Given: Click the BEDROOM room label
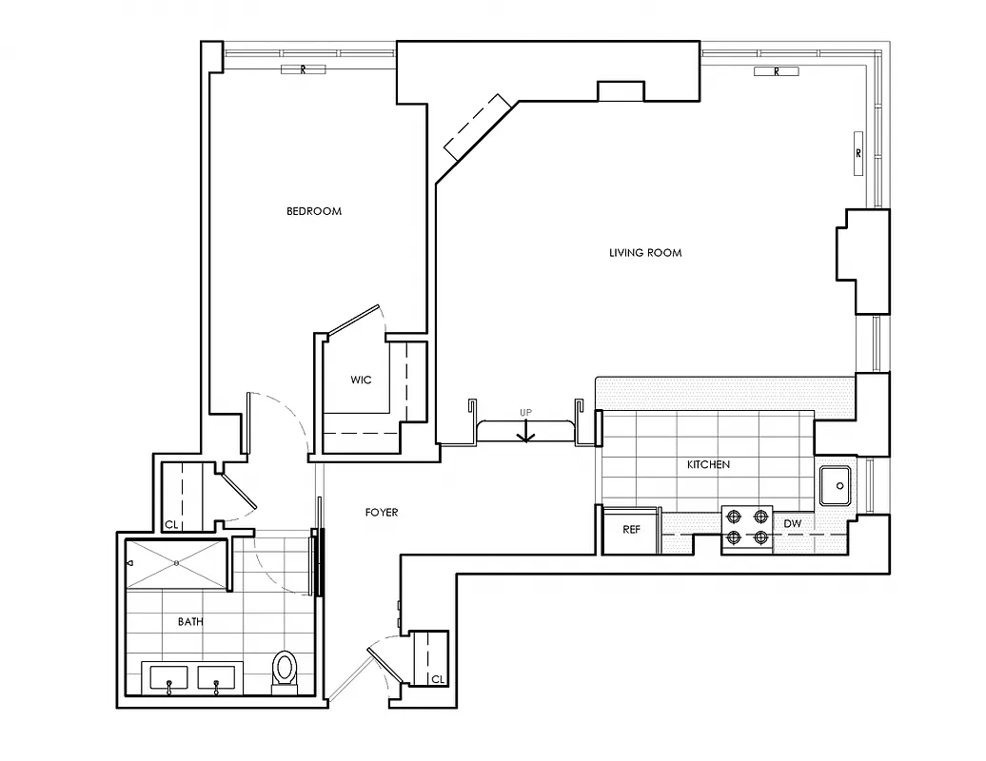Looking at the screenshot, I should point(313,211).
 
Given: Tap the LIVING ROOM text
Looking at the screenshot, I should point(645,253).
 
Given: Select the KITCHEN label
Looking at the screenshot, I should point(708,465).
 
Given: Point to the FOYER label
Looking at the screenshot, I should point(381,513).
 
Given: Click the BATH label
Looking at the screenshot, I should point(190,622).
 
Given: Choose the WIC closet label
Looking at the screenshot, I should point(361,380).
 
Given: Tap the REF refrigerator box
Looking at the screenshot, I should point(631,530).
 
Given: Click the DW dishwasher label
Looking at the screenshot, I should point(792,524).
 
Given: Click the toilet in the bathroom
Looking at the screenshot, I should point(285,670).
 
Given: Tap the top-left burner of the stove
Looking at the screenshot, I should point(735,517).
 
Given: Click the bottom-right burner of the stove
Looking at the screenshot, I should point(760,537).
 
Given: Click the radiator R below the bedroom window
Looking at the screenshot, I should point(303,70).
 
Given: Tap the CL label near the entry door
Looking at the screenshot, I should point(437,679).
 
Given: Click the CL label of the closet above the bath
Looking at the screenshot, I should point(171,524).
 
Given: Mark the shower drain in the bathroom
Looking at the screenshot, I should point(177,562).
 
